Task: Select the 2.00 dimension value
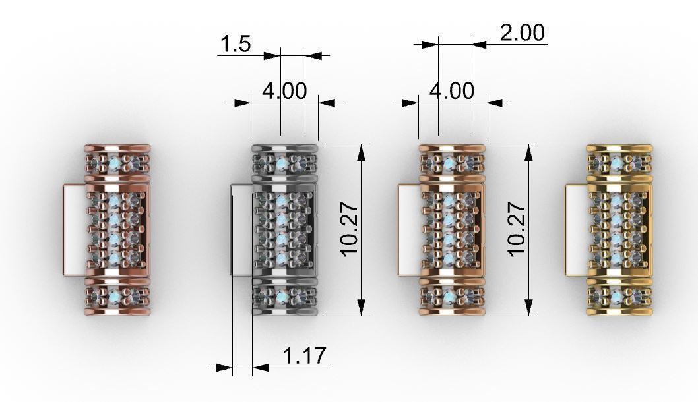click(523, 32)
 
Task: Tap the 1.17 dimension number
click(304, 357)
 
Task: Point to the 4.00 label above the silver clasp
click(284, 91)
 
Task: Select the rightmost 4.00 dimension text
click(452, 91)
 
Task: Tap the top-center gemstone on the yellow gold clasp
click(616, 163)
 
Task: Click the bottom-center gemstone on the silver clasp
click(282, 297)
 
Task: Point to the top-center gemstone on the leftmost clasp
click(115, 163)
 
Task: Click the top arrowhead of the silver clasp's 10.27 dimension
click(362, 152)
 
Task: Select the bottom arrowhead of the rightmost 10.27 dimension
click(528, 307)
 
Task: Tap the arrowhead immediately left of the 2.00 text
click(478, 45)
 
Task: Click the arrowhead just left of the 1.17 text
click(260, 368)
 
